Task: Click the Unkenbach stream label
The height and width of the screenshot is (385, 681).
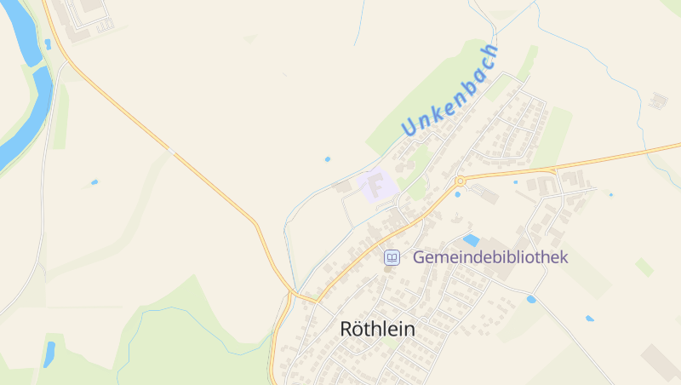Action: coord(449,89)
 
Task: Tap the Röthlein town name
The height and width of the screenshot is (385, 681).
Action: coord(378,328)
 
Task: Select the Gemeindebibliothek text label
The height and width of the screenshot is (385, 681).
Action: coord(489,256)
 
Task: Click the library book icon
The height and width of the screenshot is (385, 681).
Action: coord(392,256)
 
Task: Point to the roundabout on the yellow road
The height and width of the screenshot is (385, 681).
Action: coord(460,181)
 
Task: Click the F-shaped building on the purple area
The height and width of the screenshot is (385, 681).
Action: coord(374,185)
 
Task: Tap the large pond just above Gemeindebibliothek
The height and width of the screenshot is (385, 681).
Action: coord(471,240)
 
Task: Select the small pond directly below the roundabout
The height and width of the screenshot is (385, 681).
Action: coord(458,194)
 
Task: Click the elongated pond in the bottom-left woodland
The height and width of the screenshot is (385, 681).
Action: coord(49,353)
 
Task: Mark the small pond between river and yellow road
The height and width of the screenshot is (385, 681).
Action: coord(49,43)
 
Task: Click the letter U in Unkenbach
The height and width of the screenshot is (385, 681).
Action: coord(409,128)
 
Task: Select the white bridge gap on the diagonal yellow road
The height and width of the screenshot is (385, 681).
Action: coord(171,152)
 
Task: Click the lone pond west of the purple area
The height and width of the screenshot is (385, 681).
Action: coord(328,158)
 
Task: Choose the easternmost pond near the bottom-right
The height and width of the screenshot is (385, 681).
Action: coord(589,319)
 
